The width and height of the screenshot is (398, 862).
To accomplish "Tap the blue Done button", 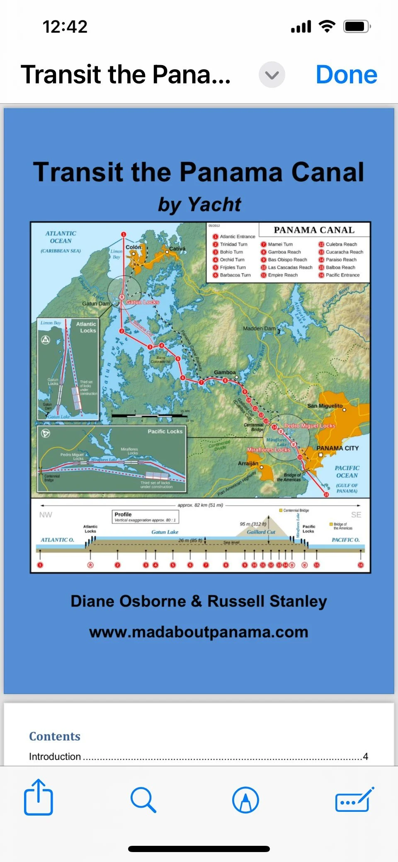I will click(346, 75).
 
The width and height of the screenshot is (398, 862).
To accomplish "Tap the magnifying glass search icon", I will click(143, 799).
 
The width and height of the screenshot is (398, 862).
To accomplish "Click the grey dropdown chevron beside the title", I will click(272, 75).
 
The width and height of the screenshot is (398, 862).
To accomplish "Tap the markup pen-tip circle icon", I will click(245, 799).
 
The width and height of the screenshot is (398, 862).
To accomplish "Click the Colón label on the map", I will click(133, 247).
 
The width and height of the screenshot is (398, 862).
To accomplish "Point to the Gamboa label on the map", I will click(225, 372).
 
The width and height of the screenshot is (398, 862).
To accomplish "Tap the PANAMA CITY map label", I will click(337, 448).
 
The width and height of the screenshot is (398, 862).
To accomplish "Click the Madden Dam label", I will click(259, 328).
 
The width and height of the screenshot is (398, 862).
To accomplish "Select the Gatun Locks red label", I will click(143, 302).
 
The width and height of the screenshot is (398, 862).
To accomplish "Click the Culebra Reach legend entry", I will click(341, 244).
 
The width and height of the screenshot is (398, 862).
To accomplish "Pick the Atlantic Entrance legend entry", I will click(237, 236).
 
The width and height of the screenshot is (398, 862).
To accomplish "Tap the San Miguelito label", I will click(325, 406).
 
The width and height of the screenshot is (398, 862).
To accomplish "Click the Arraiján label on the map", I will click(248, 463).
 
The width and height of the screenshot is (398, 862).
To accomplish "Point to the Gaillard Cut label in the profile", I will click(261, 532).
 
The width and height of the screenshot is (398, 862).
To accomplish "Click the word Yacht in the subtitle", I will click(214, 204).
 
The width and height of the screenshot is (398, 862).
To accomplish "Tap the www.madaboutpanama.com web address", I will click(199, 632).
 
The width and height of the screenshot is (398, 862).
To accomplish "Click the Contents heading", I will click(55, 736).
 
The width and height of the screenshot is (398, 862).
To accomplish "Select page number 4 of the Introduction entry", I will click(365, 756).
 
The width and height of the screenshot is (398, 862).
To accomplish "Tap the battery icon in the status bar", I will click(356, 27).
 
